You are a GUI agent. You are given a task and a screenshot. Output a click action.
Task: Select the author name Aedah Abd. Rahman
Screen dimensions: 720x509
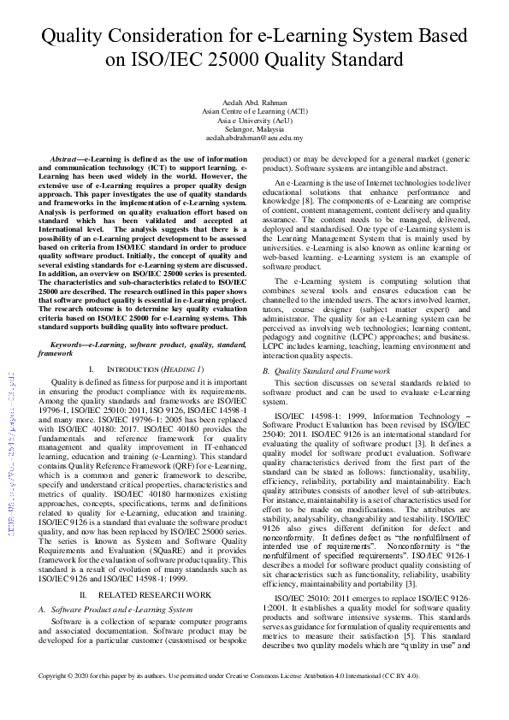pos(254,102)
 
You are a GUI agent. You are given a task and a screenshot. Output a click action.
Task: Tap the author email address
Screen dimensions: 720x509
pos(254,137)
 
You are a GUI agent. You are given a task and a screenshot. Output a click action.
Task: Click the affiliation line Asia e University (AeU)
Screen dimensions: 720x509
pos(254,120)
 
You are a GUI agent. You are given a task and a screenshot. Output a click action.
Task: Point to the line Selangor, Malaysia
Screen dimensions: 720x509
pos(254,128)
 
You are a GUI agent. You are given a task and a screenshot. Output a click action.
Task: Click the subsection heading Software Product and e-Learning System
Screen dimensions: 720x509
pos(123,609)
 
